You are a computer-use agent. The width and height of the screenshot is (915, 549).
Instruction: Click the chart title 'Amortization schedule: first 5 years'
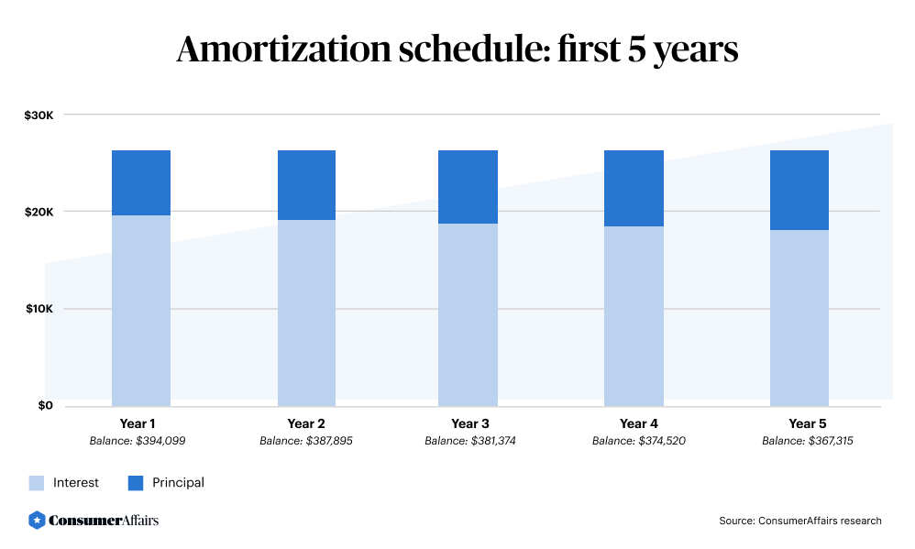pyautogui.click(x=457, y=49)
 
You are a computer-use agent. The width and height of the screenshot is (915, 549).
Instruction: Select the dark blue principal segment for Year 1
pyautogui.click(x=141, y=182)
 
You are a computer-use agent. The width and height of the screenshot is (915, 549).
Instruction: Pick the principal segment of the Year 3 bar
pyautogui.click(x=468, y=187)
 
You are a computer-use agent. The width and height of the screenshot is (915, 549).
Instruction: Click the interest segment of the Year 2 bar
pyautogui.click(x=306, y=313)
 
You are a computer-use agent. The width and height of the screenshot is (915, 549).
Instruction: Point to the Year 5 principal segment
pyautogui.click(x=799, y=190)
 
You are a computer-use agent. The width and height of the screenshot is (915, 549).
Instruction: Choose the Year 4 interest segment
pyautogui.click(x=634, y=315)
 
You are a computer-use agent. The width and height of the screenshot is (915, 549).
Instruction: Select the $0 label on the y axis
pyautogui.click(x=45, y=405)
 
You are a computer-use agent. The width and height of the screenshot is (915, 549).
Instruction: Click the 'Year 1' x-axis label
pyautogui.click(x=138, y=423)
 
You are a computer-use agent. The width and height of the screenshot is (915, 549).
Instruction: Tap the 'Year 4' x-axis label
pyautogui.click(x=638, y=423)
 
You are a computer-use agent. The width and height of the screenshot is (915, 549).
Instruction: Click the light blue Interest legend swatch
pyautogui.click(x=37, y=482)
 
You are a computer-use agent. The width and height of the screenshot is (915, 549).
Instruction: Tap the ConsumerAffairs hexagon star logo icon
pyautogui.click(x=37, y=520)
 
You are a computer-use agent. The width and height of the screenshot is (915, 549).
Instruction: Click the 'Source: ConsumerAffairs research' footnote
pyautogui.click(x=799, y=521)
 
